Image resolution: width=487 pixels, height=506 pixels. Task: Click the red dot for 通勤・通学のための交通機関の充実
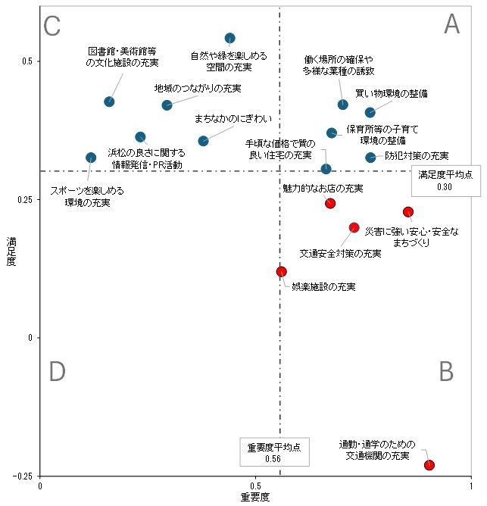pyautogui.click(x=429, y=465)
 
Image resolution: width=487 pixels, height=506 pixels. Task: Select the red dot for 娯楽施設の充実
pyautogui.click(x=282, y=271)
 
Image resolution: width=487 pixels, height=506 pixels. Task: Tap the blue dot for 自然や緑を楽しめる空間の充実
pyautogui.click(x=230, y=38)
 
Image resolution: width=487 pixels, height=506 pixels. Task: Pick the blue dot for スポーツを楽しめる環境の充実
pyautogui.click(x=91, y=158)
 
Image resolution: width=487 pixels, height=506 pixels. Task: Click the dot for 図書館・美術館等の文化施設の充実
pyautogui.click(x=109, y=102)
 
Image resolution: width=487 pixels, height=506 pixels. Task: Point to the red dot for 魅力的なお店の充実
pyautogui.click(x=330, y=203)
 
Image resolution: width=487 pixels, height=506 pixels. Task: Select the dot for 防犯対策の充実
pyautogui.click(x=370, y=158)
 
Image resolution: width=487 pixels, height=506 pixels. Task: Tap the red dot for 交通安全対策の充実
pyautogui.click(x=354, y=227)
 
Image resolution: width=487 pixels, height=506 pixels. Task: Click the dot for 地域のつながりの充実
pyautogui.click(x=167, y=105)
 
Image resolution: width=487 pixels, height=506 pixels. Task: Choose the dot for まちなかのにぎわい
pyautogui.click(x=203, y=141)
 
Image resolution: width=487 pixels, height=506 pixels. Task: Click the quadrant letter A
pyautogui.click(x=451, y=25)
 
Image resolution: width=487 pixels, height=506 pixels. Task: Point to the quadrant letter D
pyautogui.click(x=58, y=372)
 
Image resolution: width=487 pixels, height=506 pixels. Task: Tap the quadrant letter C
pyautogui.click(x=52, y=27)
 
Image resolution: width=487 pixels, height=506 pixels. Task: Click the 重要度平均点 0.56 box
pyautogui.click(x=273, y=452)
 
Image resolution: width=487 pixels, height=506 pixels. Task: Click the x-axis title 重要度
pyautogui.click(x=255, y=498)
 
